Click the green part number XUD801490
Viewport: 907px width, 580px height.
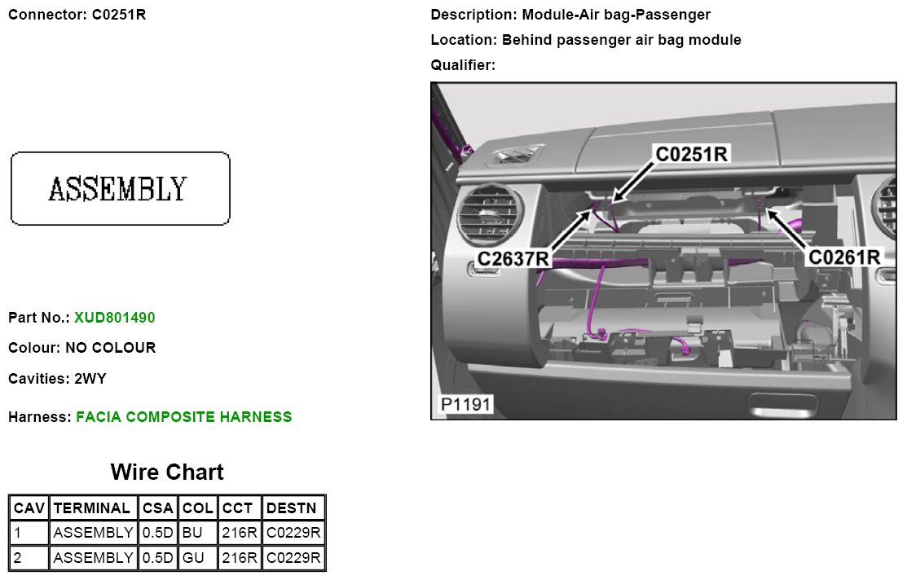(x=114, y=317)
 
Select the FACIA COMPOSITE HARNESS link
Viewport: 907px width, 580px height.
(x=183, y=417)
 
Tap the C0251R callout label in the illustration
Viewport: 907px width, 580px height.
(x=692, y=153)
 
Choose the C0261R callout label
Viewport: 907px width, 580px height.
(x=844, y=257)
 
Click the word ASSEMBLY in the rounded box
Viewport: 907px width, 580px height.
(x=118, y=189)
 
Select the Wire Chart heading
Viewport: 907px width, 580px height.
(x=167, y=472)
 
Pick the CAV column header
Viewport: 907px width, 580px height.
(x=29, y=508)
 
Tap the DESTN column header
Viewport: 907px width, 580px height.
(x=293, y=508)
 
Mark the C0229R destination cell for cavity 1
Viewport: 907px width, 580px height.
(x=293, y=534)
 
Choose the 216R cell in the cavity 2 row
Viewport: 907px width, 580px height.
(x=240, y=559)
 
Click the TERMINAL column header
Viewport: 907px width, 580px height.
(x=93, y=508)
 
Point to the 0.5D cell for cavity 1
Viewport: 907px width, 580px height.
(x=158, y=534)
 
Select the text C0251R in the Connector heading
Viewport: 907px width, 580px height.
(x=119, y=15)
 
